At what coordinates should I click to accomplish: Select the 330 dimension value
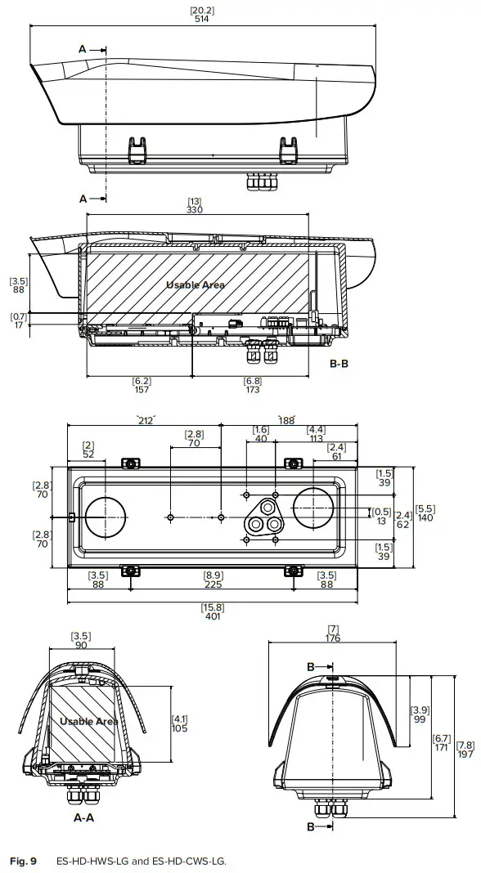point(195,209)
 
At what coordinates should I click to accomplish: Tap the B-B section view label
point(339,364)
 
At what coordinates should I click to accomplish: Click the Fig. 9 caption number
point(22,861)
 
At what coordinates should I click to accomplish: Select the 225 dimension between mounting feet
point(211,584)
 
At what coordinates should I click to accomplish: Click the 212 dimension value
point(147,422)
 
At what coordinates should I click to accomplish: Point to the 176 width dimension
point(332,638)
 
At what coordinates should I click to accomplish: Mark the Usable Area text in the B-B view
point(196,285)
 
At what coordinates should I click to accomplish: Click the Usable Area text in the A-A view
point(88,721)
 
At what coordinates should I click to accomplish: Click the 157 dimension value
point(141,390)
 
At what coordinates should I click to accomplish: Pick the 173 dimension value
point(253,390)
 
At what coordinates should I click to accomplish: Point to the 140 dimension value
point(425,518)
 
